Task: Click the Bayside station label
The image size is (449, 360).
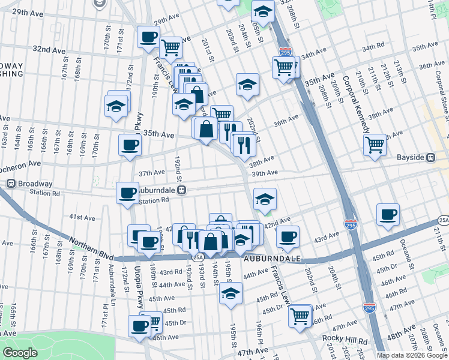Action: (411, 158)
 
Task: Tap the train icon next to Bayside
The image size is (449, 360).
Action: (430, 158)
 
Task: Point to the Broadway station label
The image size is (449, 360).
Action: (35, 184)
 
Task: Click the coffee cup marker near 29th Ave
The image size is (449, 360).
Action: (148, 37)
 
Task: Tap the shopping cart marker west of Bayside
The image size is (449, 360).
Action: (375, 144)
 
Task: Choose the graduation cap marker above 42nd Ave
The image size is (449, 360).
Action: (264, 199)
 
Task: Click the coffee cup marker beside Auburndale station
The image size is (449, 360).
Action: (127, 193)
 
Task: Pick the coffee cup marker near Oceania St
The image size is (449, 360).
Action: (388, 215)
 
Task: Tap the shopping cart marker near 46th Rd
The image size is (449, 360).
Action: (300, 316)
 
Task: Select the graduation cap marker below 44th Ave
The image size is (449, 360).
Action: (229, 294)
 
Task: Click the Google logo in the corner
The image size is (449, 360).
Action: (20, 353)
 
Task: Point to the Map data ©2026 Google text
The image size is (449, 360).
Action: (412, 355)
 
